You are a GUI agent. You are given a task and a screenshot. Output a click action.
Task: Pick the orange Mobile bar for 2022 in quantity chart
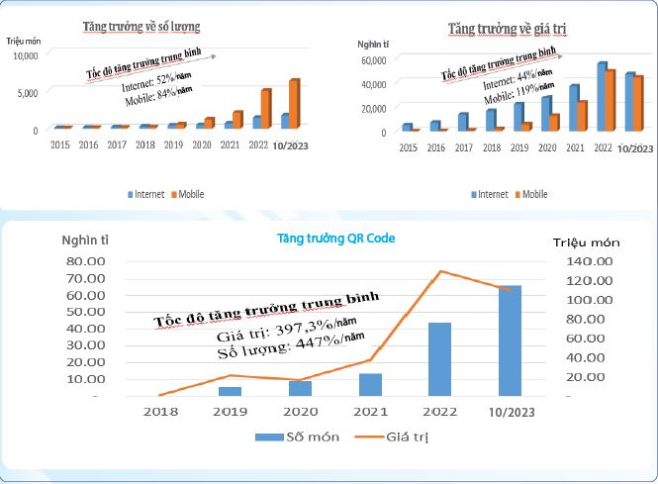tap(265, 108)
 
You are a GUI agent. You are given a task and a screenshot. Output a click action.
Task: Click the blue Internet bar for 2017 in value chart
tap(462, 122)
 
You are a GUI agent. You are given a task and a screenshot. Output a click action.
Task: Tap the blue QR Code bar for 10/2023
tap(510, 340)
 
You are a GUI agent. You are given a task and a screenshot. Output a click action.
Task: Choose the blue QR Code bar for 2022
tap(439, 358)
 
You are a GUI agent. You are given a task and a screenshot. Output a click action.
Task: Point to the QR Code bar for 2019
tap(230, 391)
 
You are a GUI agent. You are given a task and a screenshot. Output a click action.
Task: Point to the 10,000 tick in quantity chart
tap(25, 55)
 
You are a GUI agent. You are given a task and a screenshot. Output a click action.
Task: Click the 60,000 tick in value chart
tap(372, 60)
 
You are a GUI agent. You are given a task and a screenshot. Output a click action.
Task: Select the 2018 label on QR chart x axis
tap(159, 410)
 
